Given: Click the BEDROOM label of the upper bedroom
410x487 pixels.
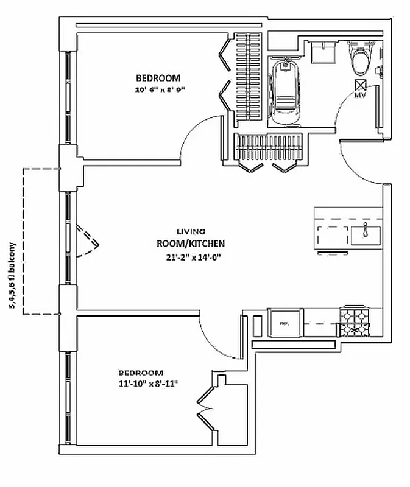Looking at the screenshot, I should [x=158, y=78].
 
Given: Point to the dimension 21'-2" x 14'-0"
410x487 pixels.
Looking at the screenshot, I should [x=191, y=256].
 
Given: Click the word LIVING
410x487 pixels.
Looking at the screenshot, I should [x=191, y=231].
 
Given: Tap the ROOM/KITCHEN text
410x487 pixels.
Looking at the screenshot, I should [x=191, y=243].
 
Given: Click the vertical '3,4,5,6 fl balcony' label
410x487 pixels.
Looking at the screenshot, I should [x=12, y=275].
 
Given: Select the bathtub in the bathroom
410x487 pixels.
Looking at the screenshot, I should [x=283, y=91].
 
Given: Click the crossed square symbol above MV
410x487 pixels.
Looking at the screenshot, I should [x=360, y=85].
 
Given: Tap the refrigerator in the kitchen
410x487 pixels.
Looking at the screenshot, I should [x=284, y=321].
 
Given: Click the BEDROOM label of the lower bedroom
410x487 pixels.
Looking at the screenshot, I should [x=141, y=372].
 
